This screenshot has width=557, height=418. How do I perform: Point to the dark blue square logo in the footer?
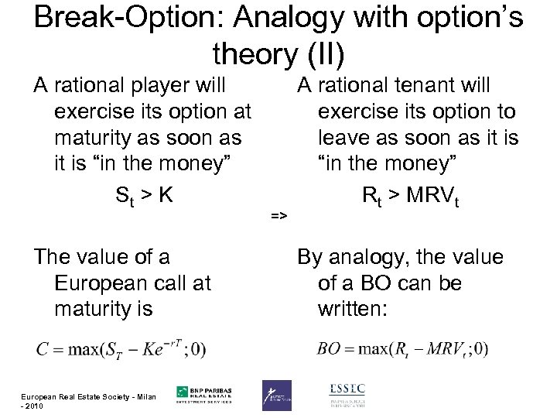(x=277, y=395)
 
